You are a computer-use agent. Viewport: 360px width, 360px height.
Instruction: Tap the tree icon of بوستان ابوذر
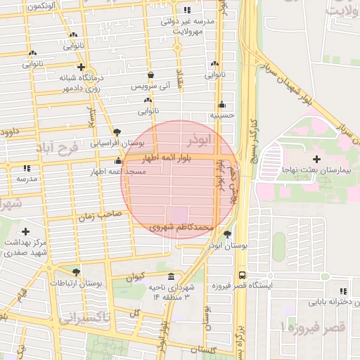pos(227,234)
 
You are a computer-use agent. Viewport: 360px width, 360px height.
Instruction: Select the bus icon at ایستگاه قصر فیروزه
pos(243,276)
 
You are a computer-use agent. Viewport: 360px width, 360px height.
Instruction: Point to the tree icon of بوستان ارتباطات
pos(76,271)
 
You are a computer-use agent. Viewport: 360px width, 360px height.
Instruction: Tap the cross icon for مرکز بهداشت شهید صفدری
pos(26,231)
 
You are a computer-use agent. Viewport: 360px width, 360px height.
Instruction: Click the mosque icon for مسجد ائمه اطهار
pos(118,161)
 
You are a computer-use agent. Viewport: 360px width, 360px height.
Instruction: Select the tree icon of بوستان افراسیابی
pos(117,132)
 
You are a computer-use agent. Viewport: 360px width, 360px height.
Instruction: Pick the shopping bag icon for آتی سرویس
pos(150,75)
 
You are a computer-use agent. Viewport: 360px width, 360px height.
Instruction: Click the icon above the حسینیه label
pos(221,104)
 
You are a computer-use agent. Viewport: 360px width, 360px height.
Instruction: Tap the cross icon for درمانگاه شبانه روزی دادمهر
pos(83,67)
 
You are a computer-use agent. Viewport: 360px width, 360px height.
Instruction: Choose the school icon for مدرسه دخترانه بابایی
pos(342,291)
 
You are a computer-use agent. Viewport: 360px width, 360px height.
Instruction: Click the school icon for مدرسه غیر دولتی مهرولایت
pos(186,11)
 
